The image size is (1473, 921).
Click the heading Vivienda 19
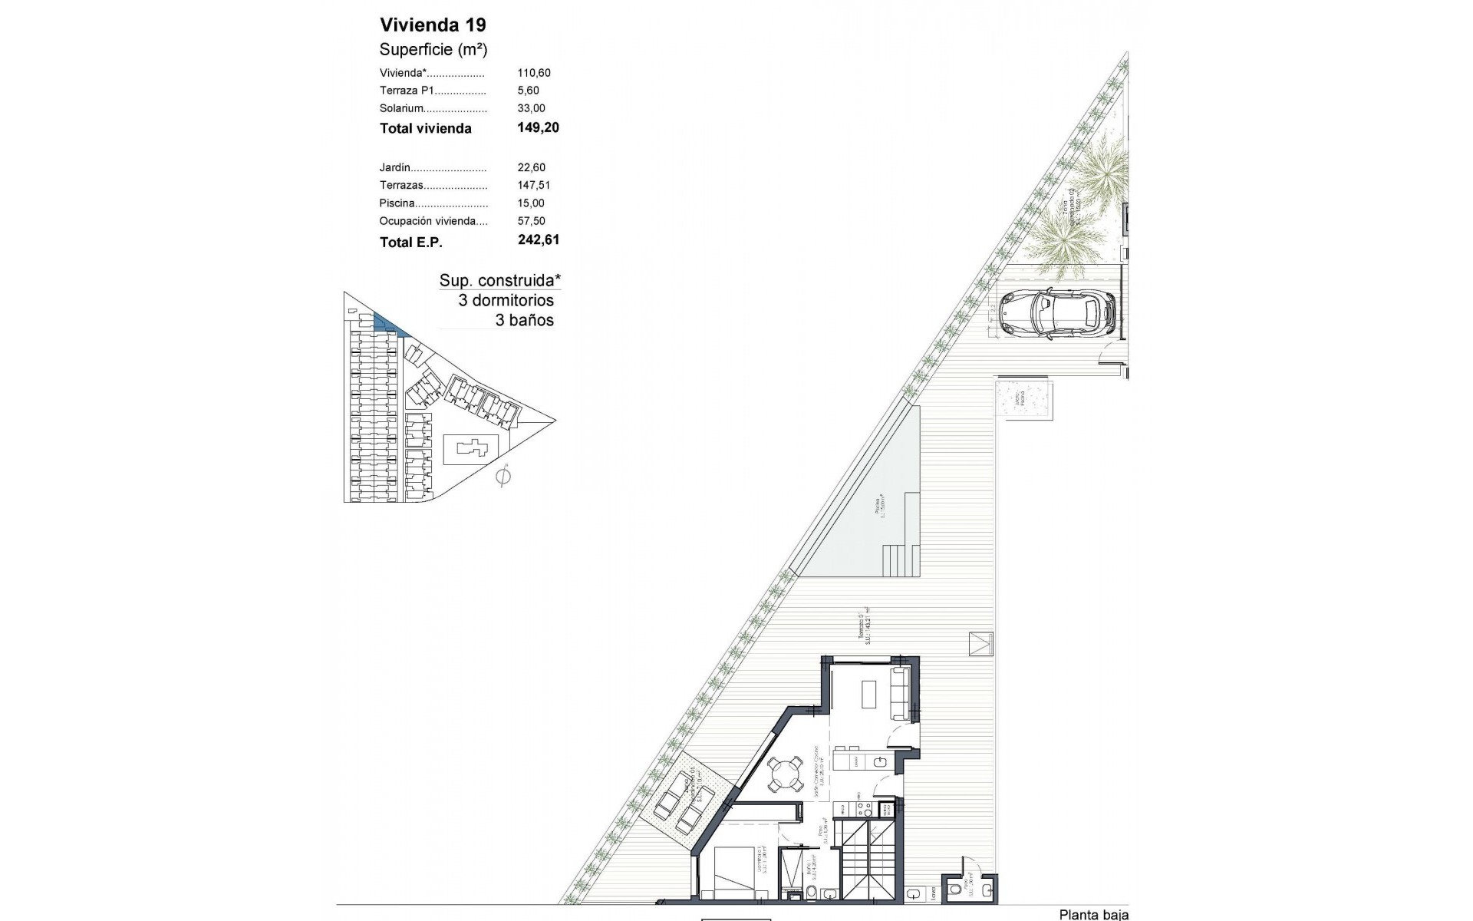tap(433, 25)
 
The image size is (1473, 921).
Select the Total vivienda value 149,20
tap(538, 127)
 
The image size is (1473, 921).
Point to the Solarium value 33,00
tap(531, 108)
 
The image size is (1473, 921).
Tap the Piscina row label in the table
tap(397, 203)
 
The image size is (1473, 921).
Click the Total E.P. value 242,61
tap(539, 239)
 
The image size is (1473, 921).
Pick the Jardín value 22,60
tap(531, 167)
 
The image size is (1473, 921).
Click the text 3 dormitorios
tap(506, 300)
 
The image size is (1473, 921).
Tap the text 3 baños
tap(524, 320)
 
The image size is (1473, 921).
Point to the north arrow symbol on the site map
tap(503, 477)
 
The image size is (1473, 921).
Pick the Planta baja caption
tap(1093, 914)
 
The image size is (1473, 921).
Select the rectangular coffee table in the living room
tap(868, 695)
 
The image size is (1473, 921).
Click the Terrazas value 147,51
tap(534, 185)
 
